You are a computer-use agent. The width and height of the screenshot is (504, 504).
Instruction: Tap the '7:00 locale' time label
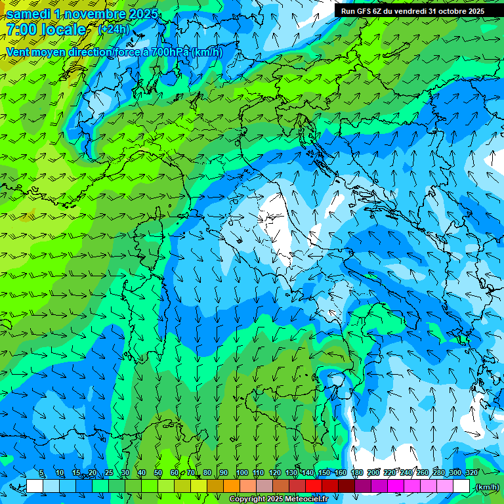pyautogui.click(x=46, y=30)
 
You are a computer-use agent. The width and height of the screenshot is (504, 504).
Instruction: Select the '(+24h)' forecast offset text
pyautogui.click(x=114, y=29)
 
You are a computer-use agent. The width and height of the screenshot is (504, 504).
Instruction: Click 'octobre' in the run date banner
pyautogui.click(x=448, y=11)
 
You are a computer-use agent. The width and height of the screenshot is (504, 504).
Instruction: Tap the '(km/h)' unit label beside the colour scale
pyautogui.click(x=486, y=487)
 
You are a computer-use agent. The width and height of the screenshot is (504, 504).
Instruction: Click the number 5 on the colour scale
pyautogui.click(x=41, y=473)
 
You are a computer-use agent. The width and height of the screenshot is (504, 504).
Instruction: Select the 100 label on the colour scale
pyautogui.click(x=241, y=473)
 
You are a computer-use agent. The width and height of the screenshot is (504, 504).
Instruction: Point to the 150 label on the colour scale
pyautogui.click(x=324, y=473)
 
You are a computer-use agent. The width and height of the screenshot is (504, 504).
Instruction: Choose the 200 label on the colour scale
pyautogui.click(x=373, y=473)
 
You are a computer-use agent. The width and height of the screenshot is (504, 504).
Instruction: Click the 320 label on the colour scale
pyautogui.click(x=472, y=473)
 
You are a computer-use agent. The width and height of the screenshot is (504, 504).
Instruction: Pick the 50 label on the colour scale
pyautogui.click(x=158, y=473)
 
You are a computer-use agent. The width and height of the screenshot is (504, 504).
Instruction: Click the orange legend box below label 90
pyautogui.click(x=232, y=486)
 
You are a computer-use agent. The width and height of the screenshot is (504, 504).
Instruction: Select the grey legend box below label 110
pyautogui.click(x=264, y=486)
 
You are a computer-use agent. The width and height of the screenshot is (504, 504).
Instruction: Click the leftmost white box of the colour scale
pyautogui.click(x=35, y=486)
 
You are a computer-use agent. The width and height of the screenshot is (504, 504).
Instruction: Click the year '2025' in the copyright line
pyautogui.click(x=276, y=499)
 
